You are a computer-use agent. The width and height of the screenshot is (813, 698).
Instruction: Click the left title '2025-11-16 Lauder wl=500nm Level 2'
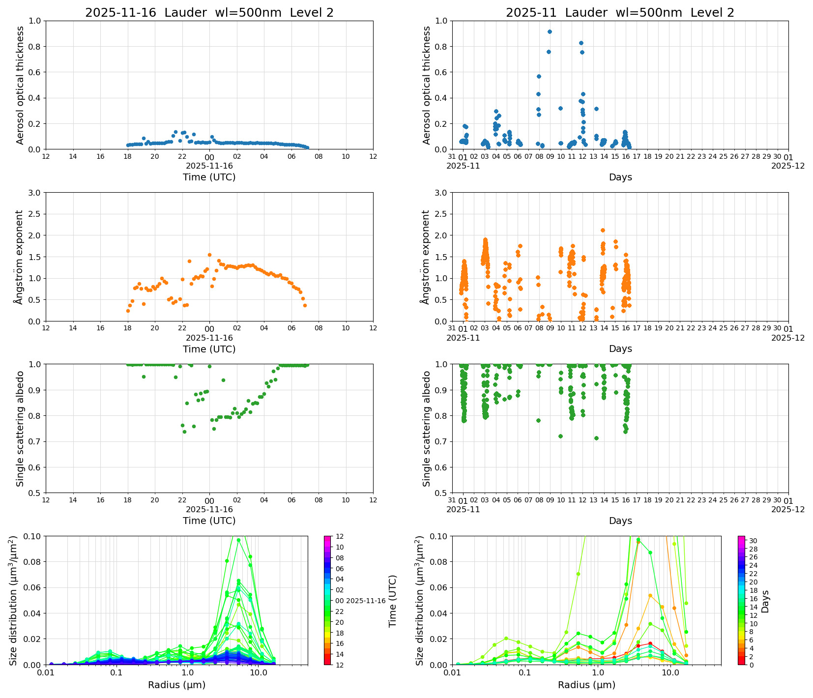click(x=209, y=13)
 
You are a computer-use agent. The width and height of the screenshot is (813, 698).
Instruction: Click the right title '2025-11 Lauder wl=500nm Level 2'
click(x=620, y=13)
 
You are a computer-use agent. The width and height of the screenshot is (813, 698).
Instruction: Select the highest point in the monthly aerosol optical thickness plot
click(x=550, y=31)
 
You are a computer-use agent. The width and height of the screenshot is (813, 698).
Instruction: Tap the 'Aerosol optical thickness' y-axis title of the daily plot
click(x=20, y=85)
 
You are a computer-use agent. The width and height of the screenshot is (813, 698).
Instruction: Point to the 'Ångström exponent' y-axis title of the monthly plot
click(x=426, y=257)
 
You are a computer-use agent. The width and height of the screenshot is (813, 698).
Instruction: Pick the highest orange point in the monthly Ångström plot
click(x=603, y=230)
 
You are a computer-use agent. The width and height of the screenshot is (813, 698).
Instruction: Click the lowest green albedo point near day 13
click(x=596, y=438)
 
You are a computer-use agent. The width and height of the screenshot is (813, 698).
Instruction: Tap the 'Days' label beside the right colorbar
click(x=765, y=601)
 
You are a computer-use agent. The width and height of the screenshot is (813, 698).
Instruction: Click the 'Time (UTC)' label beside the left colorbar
click(x=392, y=601)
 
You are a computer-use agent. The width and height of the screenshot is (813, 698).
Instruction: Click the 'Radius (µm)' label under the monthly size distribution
click(x=586, y=685)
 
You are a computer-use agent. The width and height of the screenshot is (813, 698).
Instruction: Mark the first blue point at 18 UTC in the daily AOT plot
click(x=128, y=145)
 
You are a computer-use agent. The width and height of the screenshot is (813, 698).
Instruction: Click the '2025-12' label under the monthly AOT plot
click(x=788, y=166)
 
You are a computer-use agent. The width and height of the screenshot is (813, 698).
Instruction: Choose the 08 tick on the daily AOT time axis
click(x=319, y=157)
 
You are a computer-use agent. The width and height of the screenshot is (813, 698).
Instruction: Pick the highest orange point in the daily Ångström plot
click(x=209, y=255)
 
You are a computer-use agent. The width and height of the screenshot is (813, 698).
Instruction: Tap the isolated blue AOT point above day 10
click(x=560, y=108)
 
